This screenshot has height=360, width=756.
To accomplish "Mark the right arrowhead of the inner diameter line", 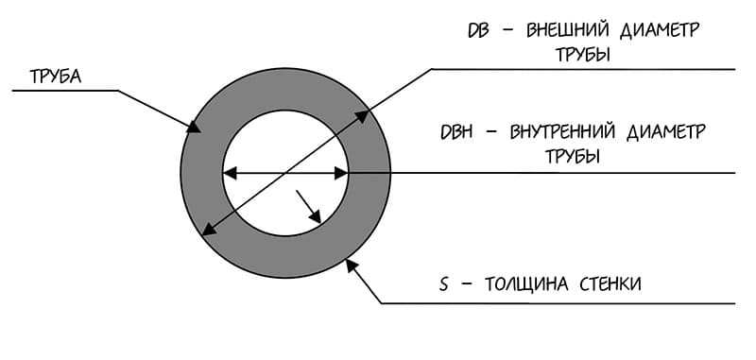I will coord(343,173).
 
